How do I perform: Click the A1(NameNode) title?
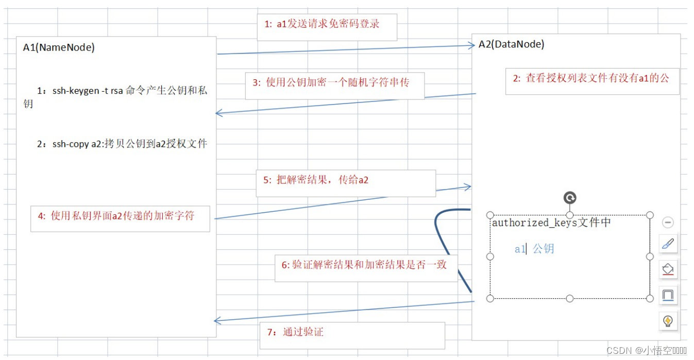click(x=59, y=47)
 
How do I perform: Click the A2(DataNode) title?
click(x=511, y=44)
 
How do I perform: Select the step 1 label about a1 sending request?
click(x=323, y=24)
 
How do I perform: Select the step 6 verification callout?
click(x=364, y=265)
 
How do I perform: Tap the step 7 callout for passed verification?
click(x=296, y=332)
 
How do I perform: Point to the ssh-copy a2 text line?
click(x=122, y=144)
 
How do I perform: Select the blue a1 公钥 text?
click(x=534, y=249)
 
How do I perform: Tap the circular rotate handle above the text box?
click(x=570, y=198)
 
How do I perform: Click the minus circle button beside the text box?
click(x=668, y=222)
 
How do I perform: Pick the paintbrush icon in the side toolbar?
click(x=668, y=244)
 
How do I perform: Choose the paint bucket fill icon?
click(x=668, y=269)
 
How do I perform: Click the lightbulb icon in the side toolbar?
click(x=668, y=321)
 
